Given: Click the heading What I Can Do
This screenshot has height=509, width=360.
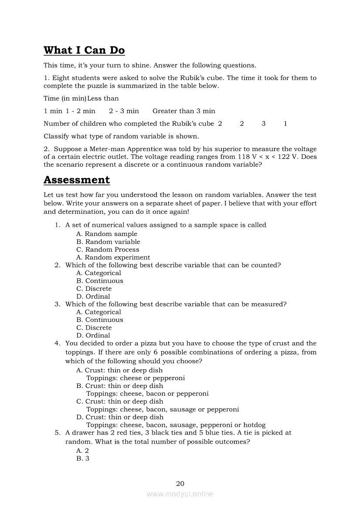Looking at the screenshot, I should (84, 51).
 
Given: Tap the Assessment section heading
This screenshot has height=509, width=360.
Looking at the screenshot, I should (77, 180).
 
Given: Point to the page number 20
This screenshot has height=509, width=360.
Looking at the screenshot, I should (180, 483).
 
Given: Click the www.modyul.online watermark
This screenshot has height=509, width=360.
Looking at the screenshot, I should (180, 494).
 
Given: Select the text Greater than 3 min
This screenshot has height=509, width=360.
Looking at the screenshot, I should (183, 111).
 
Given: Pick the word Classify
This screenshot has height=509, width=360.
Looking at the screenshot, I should (55, 136).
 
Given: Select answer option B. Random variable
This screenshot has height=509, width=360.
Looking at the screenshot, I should (108, 242).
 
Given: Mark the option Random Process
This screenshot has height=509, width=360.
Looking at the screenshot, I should (108, 249).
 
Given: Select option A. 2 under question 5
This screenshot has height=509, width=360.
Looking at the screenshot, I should (82, 451).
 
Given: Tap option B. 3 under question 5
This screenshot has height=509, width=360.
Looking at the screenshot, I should (82, 458).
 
